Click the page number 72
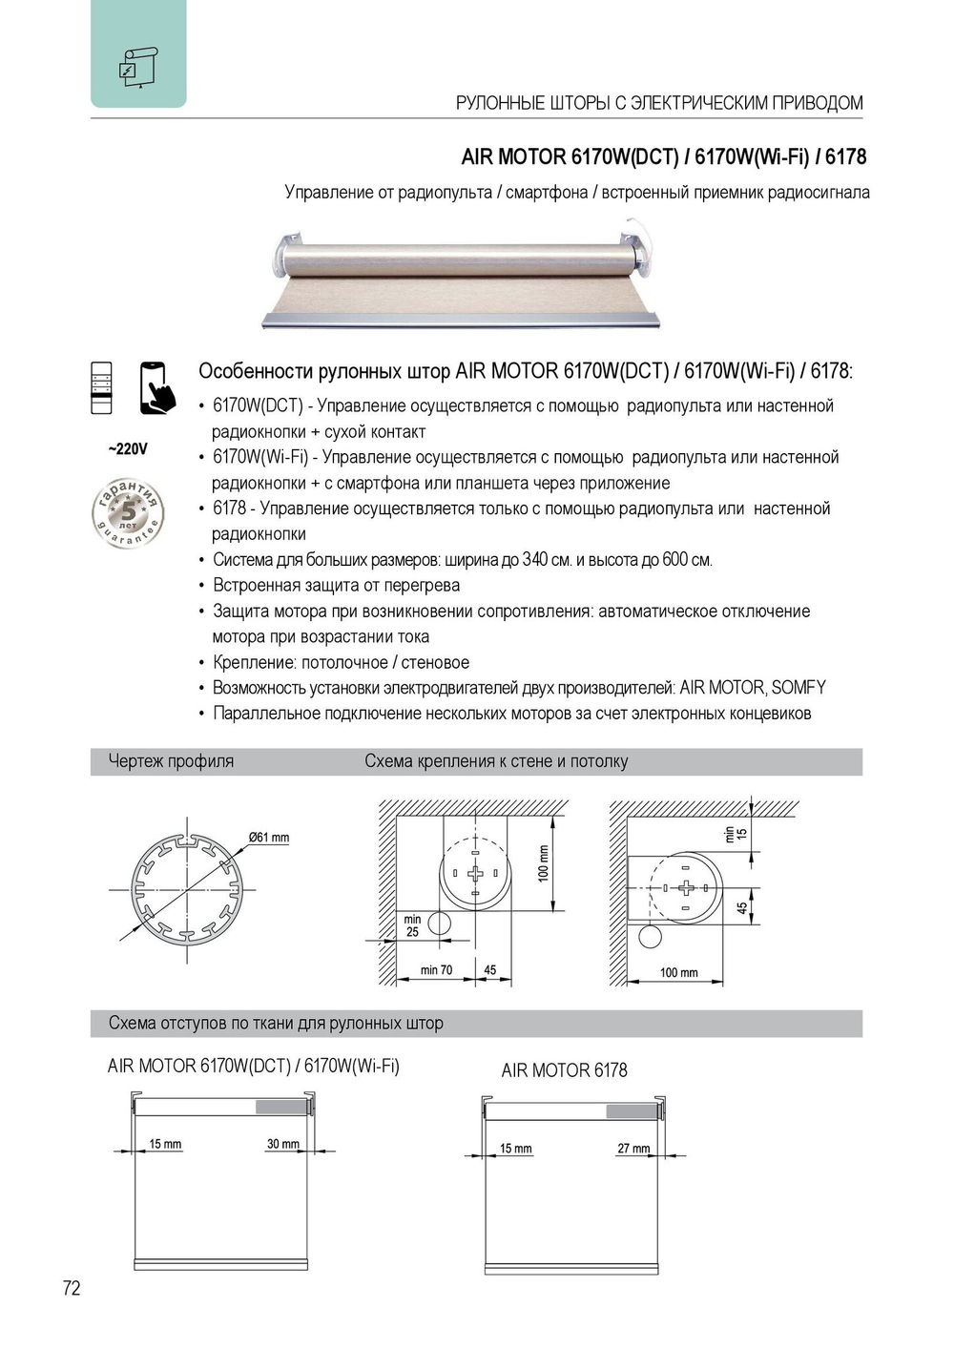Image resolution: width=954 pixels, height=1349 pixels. pos(72,1288)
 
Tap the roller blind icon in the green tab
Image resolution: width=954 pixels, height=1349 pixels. pos(138,67)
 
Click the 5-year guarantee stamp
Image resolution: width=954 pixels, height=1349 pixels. pos(128,514)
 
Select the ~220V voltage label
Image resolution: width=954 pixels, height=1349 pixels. pos(128,449)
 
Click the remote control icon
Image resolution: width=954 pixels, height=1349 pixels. pos(101,388)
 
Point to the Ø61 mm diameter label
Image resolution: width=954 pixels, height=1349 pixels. pos(269,838)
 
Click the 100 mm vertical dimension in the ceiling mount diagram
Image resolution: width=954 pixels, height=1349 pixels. pos(544,862)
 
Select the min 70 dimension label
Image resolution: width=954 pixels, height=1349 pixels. pos(436,970)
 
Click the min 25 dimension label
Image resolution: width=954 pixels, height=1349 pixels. pos(412,925)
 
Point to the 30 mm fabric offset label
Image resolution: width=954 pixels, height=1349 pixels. pos(282,1144)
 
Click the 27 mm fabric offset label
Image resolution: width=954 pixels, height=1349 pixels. pos(633,1149)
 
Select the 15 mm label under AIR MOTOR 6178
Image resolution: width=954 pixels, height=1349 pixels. pos(515,1149)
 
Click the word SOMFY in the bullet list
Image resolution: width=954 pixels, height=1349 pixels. pos(798,688)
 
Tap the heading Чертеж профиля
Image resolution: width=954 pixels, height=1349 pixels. pos(171,761)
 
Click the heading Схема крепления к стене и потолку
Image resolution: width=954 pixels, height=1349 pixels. pos(496,761)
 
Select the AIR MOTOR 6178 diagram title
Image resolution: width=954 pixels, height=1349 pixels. pos(564,1070)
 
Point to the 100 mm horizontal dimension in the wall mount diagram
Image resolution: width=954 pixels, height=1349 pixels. pos(678,973)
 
